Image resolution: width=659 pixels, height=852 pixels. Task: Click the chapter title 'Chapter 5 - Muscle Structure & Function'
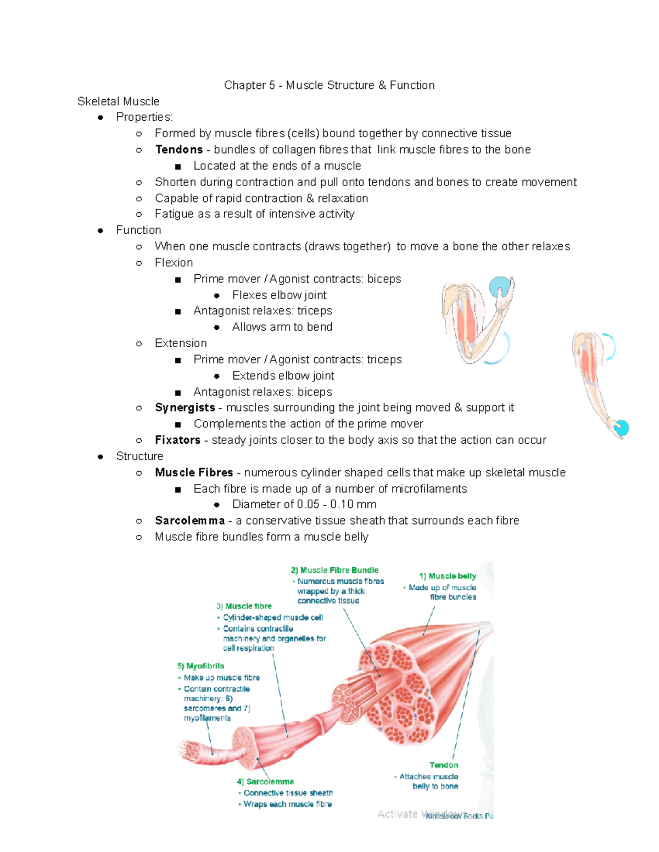coord(329,85)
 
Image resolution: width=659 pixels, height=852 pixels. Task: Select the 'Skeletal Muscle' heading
coord(118,101)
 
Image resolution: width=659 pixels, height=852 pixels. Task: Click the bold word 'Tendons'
coord(179,150)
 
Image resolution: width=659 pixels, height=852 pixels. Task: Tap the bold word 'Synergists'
coord(185,408)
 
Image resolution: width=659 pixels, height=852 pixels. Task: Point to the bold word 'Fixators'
coord(177,440)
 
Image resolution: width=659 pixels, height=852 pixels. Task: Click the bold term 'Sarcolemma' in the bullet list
coord(189,521)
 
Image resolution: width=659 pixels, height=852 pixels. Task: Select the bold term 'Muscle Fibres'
coord(194,472)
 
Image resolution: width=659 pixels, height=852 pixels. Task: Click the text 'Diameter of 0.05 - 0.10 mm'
coord(304,504)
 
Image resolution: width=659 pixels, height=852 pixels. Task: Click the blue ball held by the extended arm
coord(621,428)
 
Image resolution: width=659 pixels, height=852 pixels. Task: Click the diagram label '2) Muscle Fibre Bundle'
coord(334,571)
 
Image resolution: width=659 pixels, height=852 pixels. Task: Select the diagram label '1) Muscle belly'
coord(447,576)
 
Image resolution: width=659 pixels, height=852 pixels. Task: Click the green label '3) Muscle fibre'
coord(244,606)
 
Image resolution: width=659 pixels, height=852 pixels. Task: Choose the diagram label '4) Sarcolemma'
coord(265,782)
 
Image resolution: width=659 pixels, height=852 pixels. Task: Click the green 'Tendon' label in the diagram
coord(444,765)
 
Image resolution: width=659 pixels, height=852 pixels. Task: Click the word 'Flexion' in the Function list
coord(174,263)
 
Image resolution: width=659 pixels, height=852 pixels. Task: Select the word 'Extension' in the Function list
coord(181,343)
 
